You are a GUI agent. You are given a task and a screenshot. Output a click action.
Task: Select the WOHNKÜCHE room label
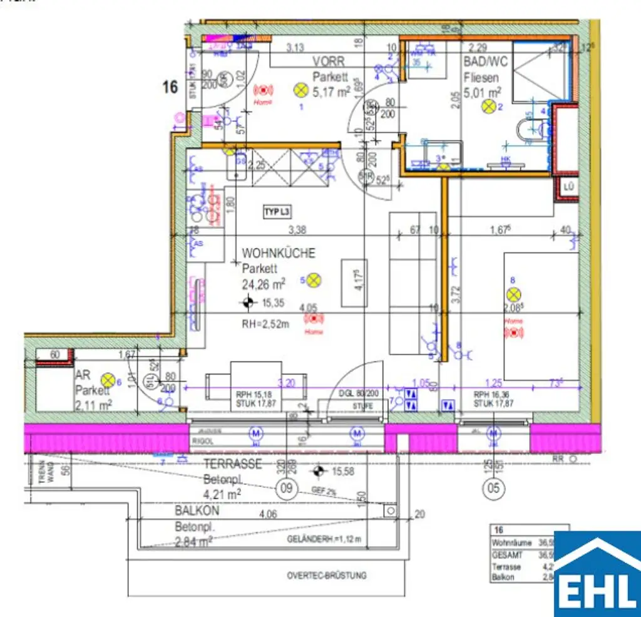pyautogui.click(x=279, y=253)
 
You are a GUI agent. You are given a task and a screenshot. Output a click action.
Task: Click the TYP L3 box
pyautogui.click(x=277, y=212)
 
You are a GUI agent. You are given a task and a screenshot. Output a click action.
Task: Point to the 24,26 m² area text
pyautogui.click(x=264, y=284)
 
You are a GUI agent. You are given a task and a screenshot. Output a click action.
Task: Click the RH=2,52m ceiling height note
pyautogui.click(x=265, y=324)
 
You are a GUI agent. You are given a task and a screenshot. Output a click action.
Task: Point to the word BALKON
pyautogui.click(x=197, y=511)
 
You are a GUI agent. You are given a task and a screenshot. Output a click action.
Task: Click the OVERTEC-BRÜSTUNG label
pyautogui.click(x=327, y=576)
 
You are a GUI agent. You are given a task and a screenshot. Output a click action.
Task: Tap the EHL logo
pyautogui.click(x=597, y=574)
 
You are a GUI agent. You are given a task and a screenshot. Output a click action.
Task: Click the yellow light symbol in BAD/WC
pyautogui.click(x=488, y=107)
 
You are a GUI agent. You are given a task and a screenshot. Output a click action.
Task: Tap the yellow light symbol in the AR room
pyautogui.click(x=108, y=379)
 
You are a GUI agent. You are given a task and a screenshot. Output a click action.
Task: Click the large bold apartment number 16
pyautogui.click(x=170, y=87)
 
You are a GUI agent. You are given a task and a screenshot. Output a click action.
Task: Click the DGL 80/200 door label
pyautogui.click(x=354, y=394)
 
